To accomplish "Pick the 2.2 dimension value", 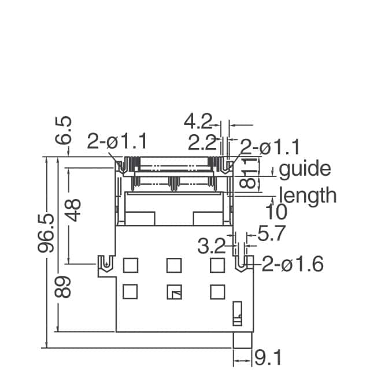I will (202, 142).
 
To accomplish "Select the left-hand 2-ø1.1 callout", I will (117, 142).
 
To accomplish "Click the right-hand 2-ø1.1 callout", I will (270, 147).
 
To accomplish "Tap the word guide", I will (305, 169).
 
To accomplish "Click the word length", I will (308, 195).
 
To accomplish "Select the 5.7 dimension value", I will (272, 234).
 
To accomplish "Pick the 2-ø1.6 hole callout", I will (292, 265).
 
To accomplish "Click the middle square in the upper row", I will (173, 265).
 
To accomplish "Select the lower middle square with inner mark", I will (173, 292).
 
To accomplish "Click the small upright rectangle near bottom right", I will (237, 312).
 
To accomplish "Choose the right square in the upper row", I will (217, 265).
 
